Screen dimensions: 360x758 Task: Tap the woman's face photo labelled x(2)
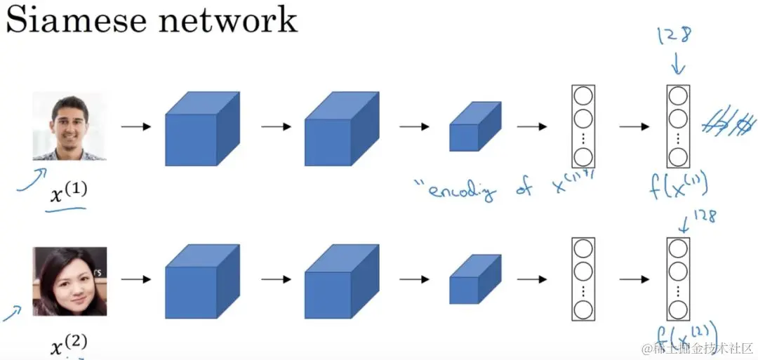click(x=69, y=281)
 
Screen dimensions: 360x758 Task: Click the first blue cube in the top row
click(x=201, y=129)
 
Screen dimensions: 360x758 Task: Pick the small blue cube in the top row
click(x=474, y=127)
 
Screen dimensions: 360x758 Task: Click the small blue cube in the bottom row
click(x=474, y=279)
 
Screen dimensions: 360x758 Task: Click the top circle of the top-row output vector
click(x=677, y=96)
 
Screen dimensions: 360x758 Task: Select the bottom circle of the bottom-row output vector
click(x=677, y=309)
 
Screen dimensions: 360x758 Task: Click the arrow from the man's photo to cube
click(x=135, y=127)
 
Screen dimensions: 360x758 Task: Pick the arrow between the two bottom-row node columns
click(x=634, y=279)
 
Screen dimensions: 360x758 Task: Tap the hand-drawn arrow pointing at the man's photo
click(x=32, y=178)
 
